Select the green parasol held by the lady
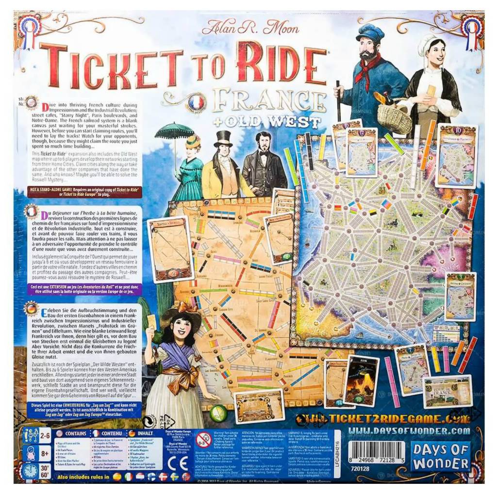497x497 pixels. pyautogui.click(x=174, y=131)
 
